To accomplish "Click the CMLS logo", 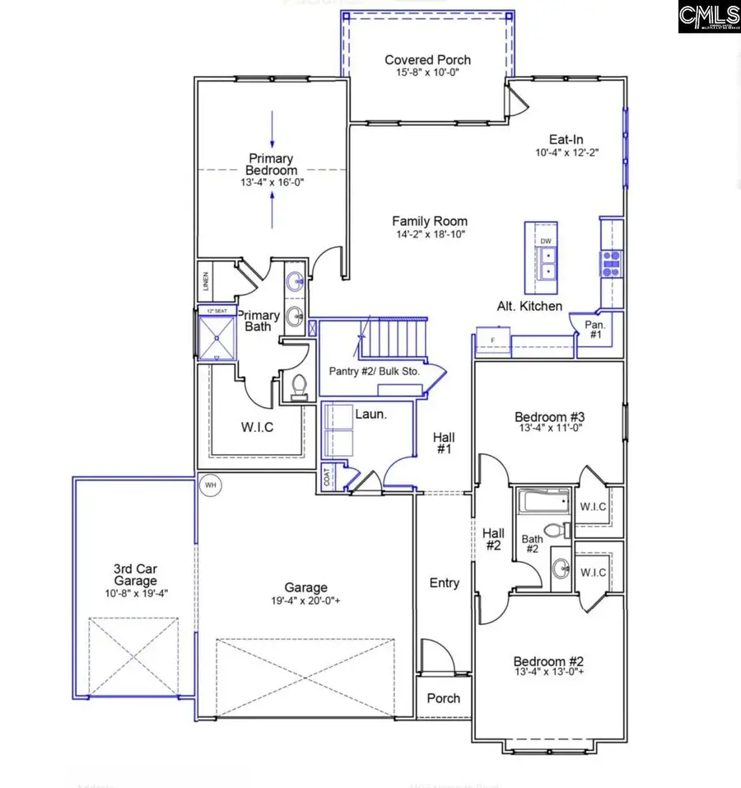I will click(709, 16).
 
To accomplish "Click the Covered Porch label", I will click(428, 60).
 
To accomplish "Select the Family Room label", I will click(429, 221).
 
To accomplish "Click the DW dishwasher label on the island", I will click(546, 241).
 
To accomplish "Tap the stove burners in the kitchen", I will click(610, 262).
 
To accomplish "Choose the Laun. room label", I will click(370, 414).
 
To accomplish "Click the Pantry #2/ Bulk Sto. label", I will click(375, 372).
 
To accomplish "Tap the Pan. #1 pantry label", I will click(594, 330).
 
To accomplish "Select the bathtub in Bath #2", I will click(541, 502).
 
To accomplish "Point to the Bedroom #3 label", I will click(549, 417).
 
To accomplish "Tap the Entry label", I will click(445, 583).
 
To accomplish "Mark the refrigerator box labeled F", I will click(493, 340).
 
